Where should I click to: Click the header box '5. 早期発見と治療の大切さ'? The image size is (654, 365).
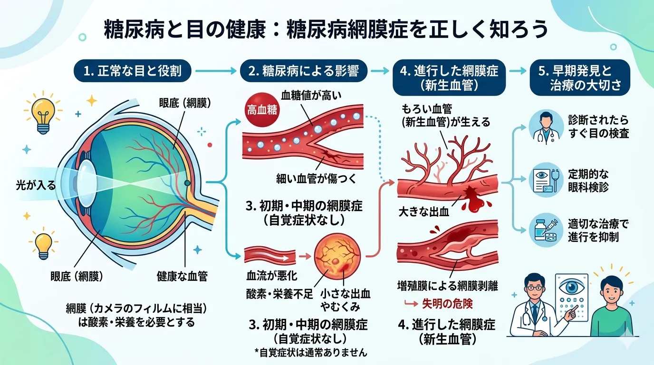(579, 79)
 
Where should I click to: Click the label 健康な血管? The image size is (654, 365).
(182, 276)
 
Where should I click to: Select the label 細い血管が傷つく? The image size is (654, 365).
(316, 178)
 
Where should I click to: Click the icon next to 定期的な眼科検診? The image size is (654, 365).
(543, 180)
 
